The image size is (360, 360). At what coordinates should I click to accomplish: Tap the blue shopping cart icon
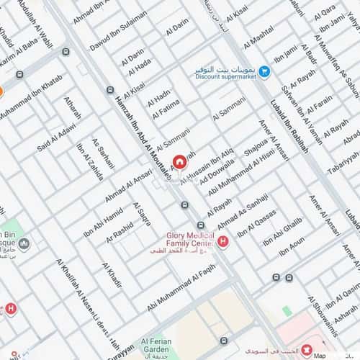(x=264, y=71)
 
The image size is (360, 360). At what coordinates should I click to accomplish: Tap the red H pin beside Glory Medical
(x=223, y=240)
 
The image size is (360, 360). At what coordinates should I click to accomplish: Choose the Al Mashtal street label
(x=258, y=35)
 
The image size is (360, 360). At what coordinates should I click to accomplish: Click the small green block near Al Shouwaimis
(x=287, y=311)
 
